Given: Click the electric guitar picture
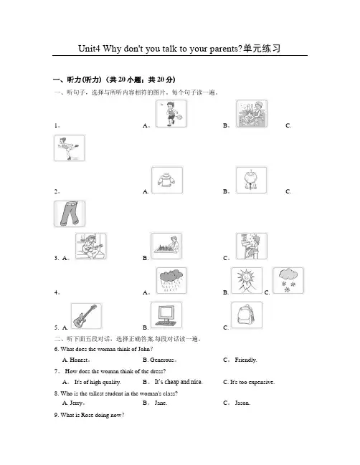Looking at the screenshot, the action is [86, 316].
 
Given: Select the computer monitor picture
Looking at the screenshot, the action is [166, 315].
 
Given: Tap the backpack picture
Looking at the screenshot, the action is [247, 315].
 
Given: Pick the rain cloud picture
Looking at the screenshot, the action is [171, 281].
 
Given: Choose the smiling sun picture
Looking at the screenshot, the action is [247, 281].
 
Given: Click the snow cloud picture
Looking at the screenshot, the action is [288, 281].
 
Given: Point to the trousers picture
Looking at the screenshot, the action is [70, 214].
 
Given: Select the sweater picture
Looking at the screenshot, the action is [167, 181].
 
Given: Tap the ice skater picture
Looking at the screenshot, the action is [69, 148].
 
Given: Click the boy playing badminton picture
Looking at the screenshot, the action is [171, 114].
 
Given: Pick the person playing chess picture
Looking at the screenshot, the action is [166, 246].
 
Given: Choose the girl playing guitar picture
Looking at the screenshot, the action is [91, 246].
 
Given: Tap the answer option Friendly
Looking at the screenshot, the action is [246, 360].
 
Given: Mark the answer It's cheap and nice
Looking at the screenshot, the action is [179, 382].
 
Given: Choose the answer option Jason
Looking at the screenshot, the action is [242, 403].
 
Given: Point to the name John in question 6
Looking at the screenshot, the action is [144, 349].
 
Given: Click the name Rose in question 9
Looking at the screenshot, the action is [87, 415].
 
